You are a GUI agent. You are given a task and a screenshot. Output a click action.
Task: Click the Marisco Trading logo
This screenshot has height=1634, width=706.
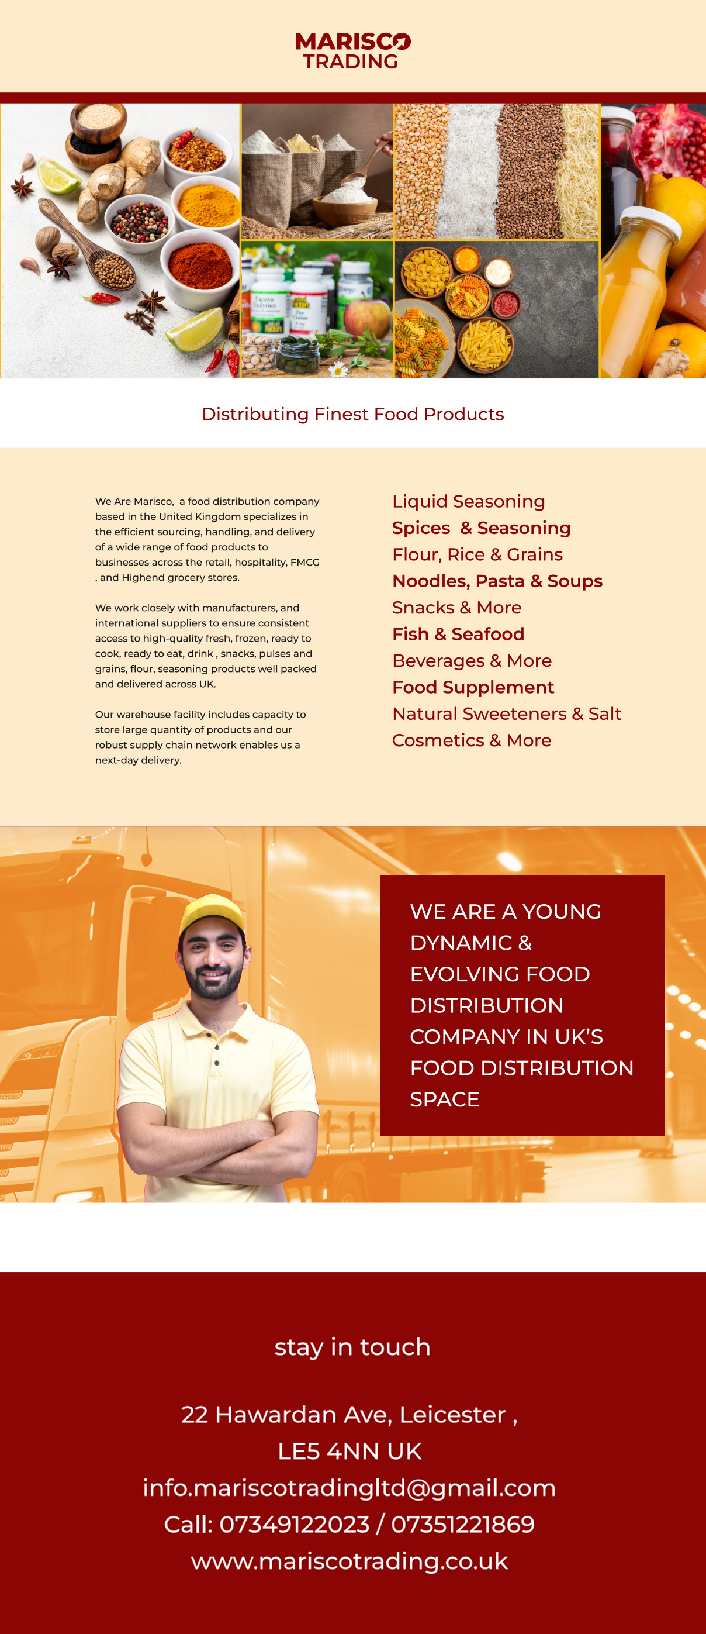[x=352, y=51]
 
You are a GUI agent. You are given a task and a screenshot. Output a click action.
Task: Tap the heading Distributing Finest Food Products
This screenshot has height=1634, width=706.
[x=352, y=414]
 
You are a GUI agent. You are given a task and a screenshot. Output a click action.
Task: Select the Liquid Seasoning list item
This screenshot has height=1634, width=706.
[x=468, y=501]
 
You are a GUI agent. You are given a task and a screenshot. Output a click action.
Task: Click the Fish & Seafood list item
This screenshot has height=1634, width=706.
[x=458, y=634]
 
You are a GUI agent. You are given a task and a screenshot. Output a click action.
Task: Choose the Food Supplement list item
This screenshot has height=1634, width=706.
[x=473, y=687]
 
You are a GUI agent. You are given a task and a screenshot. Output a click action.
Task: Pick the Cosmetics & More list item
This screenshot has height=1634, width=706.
[x=472, y=740]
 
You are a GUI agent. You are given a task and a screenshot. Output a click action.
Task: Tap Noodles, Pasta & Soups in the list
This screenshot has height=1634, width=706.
[x=497, y=581]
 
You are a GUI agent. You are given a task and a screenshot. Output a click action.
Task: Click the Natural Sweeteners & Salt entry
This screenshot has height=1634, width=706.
[x=506, y=713]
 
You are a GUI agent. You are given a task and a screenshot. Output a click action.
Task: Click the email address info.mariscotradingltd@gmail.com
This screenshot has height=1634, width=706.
[x=349, y=1487]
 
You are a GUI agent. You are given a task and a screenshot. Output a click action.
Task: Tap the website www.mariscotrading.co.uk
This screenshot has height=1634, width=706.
[x=349, y=1560]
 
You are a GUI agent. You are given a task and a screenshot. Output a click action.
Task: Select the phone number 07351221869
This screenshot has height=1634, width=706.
[x=463, y=1524]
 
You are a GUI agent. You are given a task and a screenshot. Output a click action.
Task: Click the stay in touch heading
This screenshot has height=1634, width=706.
[x=352, y=1347]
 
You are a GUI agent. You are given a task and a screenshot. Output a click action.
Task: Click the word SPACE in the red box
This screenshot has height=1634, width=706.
[x=444, y=1099]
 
